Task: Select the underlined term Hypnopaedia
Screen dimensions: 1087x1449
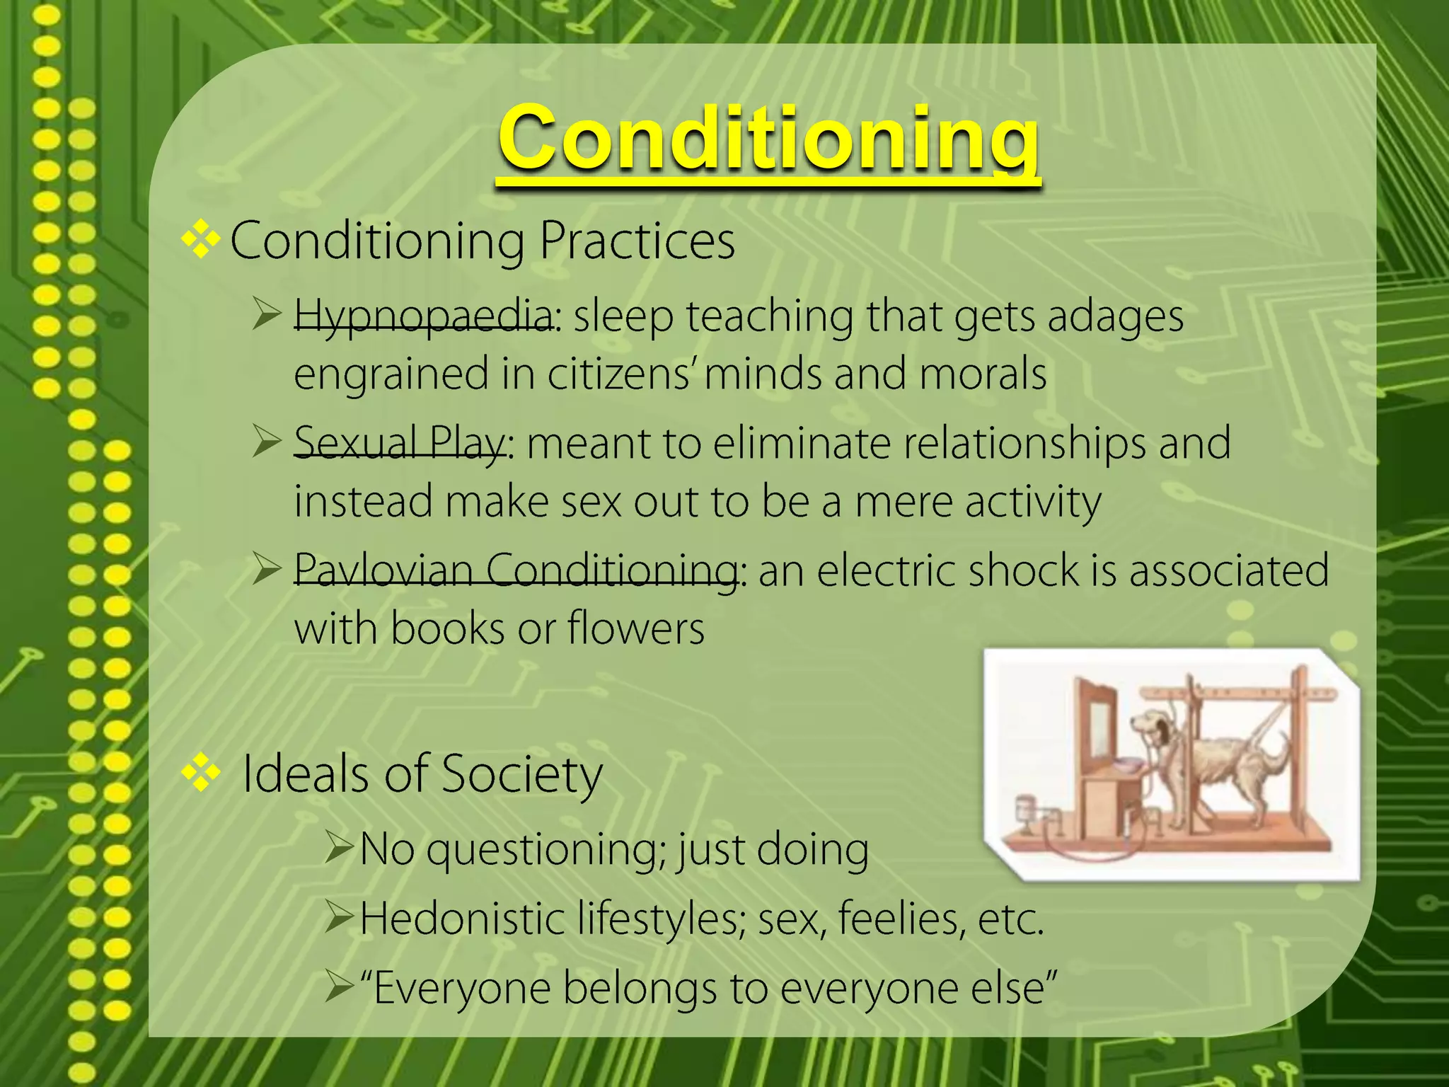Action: pos(423,316)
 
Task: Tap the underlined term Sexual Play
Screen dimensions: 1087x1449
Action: pos(400,444)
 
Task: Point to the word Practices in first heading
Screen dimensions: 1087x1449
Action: pos(637,241)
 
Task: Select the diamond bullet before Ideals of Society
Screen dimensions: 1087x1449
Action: pos(201,772)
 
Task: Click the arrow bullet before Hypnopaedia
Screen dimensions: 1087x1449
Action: pos(267,314)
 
